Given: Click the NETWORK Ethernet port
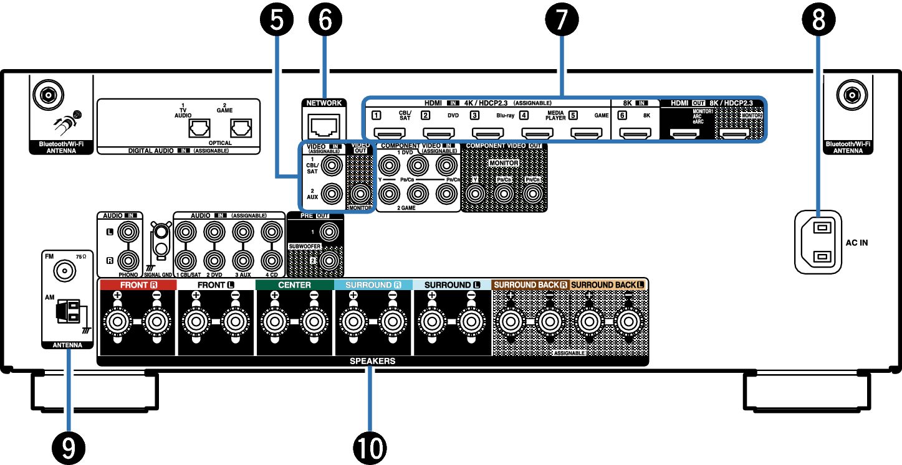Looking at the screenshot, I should coord(324,126).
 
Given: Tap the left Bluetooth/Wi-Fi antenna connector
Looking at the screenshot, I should coord(48,96).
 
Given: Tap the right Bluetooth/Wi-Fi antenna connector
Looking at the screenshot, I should coord(852,96).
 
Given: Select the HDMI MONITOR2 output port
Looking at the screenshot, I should coord(734,133).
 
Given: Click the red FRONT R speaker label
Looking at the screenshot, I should coord(138,285).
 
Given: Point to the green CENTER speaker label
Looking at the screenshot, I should coord(294,285).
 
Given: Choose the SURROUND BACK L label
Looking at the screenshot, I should coord(607,285).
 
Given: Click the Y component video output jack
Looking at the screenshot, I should coord(476,194).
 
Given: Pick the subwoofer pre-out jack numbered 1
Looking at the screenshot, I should coord(328,232).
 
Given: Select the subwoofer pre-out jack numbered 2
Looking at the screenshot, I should coord(328,260).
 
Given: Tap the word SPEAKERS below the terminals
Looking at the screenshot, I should coord(372,361).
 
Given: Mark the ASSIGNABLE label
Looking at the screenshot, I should coord(569,353).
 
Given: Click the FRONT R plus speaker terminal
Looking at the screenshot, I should coord(117,322).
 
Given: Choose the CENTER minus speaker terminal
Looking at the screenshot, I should coord(314,322).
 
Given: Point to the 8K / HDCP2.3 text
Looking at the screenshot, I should coord(731,103).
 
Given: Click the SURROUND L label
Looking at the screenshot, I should coord(452,285).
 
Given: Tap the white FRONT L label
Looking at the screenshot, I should coord(216,285).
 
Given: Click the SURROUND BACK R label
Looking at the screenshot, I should coord(530,285).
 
